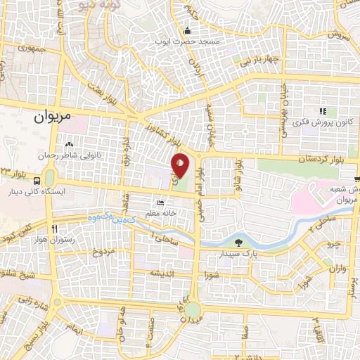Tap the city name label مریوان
click(x=52, y=118)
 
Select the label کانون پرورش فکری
click(x=323, y=123)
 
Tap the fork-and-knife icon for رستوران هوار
click(x=54, y=229)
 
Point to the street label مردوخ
click(x=106, y=251)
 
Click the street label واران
click(x=337, y=268)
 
